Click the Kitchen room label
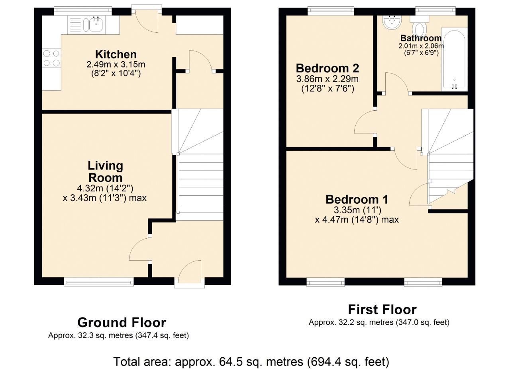click(116, 54)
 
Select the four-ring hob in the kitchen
click(51, 58)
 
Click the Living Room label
click(105, 171)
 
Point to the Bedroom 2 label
click(327, 67)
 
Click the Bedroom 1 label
click(357, 199)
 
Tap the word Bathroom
click(421, 38)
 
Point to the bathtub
click(454, 60)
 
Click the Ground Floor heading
click(122, 322)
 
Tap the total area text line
click(251, 362)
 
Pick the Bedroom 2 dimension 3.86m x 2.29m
click(327, 79)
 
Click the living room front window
click(99, 282)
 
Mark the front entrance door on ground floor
click(190, 278)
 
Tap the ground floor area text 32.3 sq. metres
click(118, 335)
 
